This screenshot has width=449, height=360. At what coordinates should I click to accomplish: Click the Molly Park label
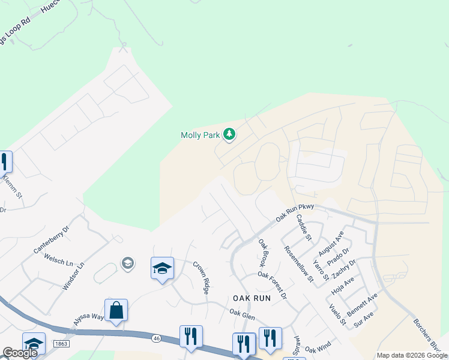tap(200, 136)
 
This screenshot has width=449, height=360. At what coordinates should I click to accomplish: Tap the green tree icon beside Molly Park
tap(229, 134)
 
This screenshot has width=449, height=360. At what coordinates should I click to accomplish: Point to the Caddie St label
tap(304, 228)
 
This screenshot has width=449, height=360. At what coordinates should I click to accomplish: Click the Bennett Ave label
tap(363, 305)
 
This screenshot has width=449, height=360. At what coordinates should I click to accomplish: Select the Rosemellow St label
tap(299, 263)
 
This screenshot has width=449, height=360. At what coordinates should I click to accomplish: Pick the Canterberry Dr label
tap(53, 238)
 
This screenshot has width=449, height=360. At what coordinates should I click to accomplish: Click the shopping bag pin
tap(116, 311)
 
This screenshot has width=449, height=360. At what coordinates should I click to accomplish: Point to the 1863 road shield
tap(61, 343)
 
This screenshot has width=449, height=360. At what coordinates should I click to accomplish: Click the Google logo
tap(20, 353)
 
